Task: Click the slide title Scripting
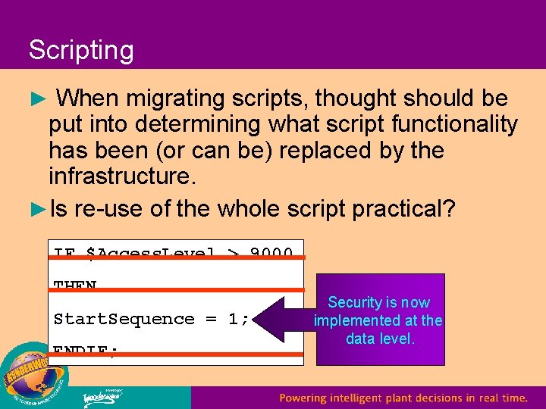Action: coord(81,51)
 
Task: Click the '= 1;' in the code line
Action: coord(228,319)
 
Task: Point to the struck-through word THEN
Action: coord(75,286)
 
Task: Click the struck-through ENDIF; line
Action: coord(85,350)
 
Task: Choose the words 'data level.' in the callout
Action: coord(380,339)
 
